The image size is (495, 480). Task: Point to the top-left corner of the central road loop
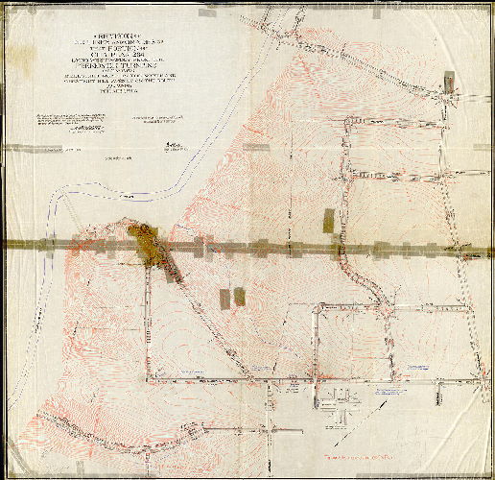click(318, 309)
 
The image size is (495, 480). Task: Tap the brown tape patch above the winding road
click(329, 221)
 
